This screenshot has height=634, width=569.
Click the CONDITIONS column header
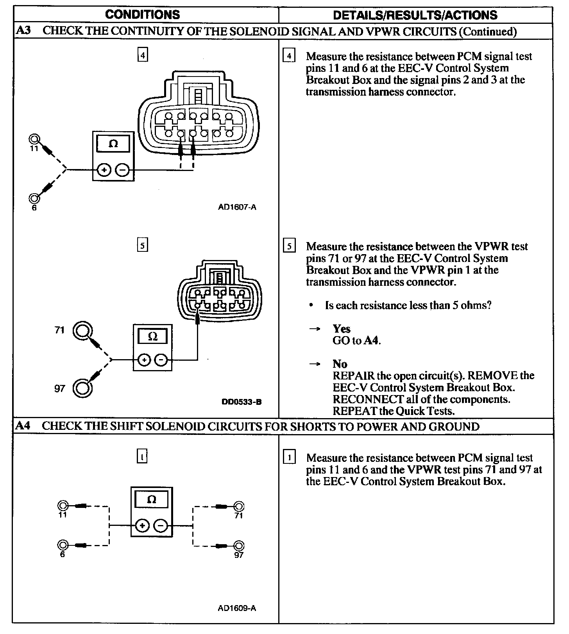143,15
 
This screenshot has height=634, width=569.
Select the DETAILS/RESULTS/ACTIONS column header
415,15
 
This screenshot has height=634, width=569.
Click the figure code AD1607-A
237,207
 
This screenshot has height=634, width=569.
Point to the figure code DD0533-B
241,402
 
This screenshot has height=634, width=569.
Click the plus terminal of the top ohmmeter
104,170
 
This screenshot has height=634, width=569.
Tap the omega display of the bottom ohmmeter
152,499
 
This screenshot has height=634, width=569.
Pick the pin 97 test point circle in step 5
82,388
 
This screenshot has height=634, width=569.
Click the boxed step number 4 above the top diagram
143,55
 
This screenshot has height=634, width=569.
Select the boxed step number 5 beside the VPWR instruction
289,246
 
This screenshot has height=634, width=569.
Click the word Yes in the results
341,329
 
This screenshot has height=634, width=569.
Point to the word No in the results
340,364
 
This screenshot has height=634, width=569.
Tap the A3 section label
23,31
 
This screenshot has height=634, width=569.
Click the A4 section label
23,426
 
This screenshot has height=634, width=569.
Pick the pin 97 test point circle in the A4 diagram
239,545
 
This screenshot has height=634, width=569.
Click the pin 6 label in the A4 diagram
63,554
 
